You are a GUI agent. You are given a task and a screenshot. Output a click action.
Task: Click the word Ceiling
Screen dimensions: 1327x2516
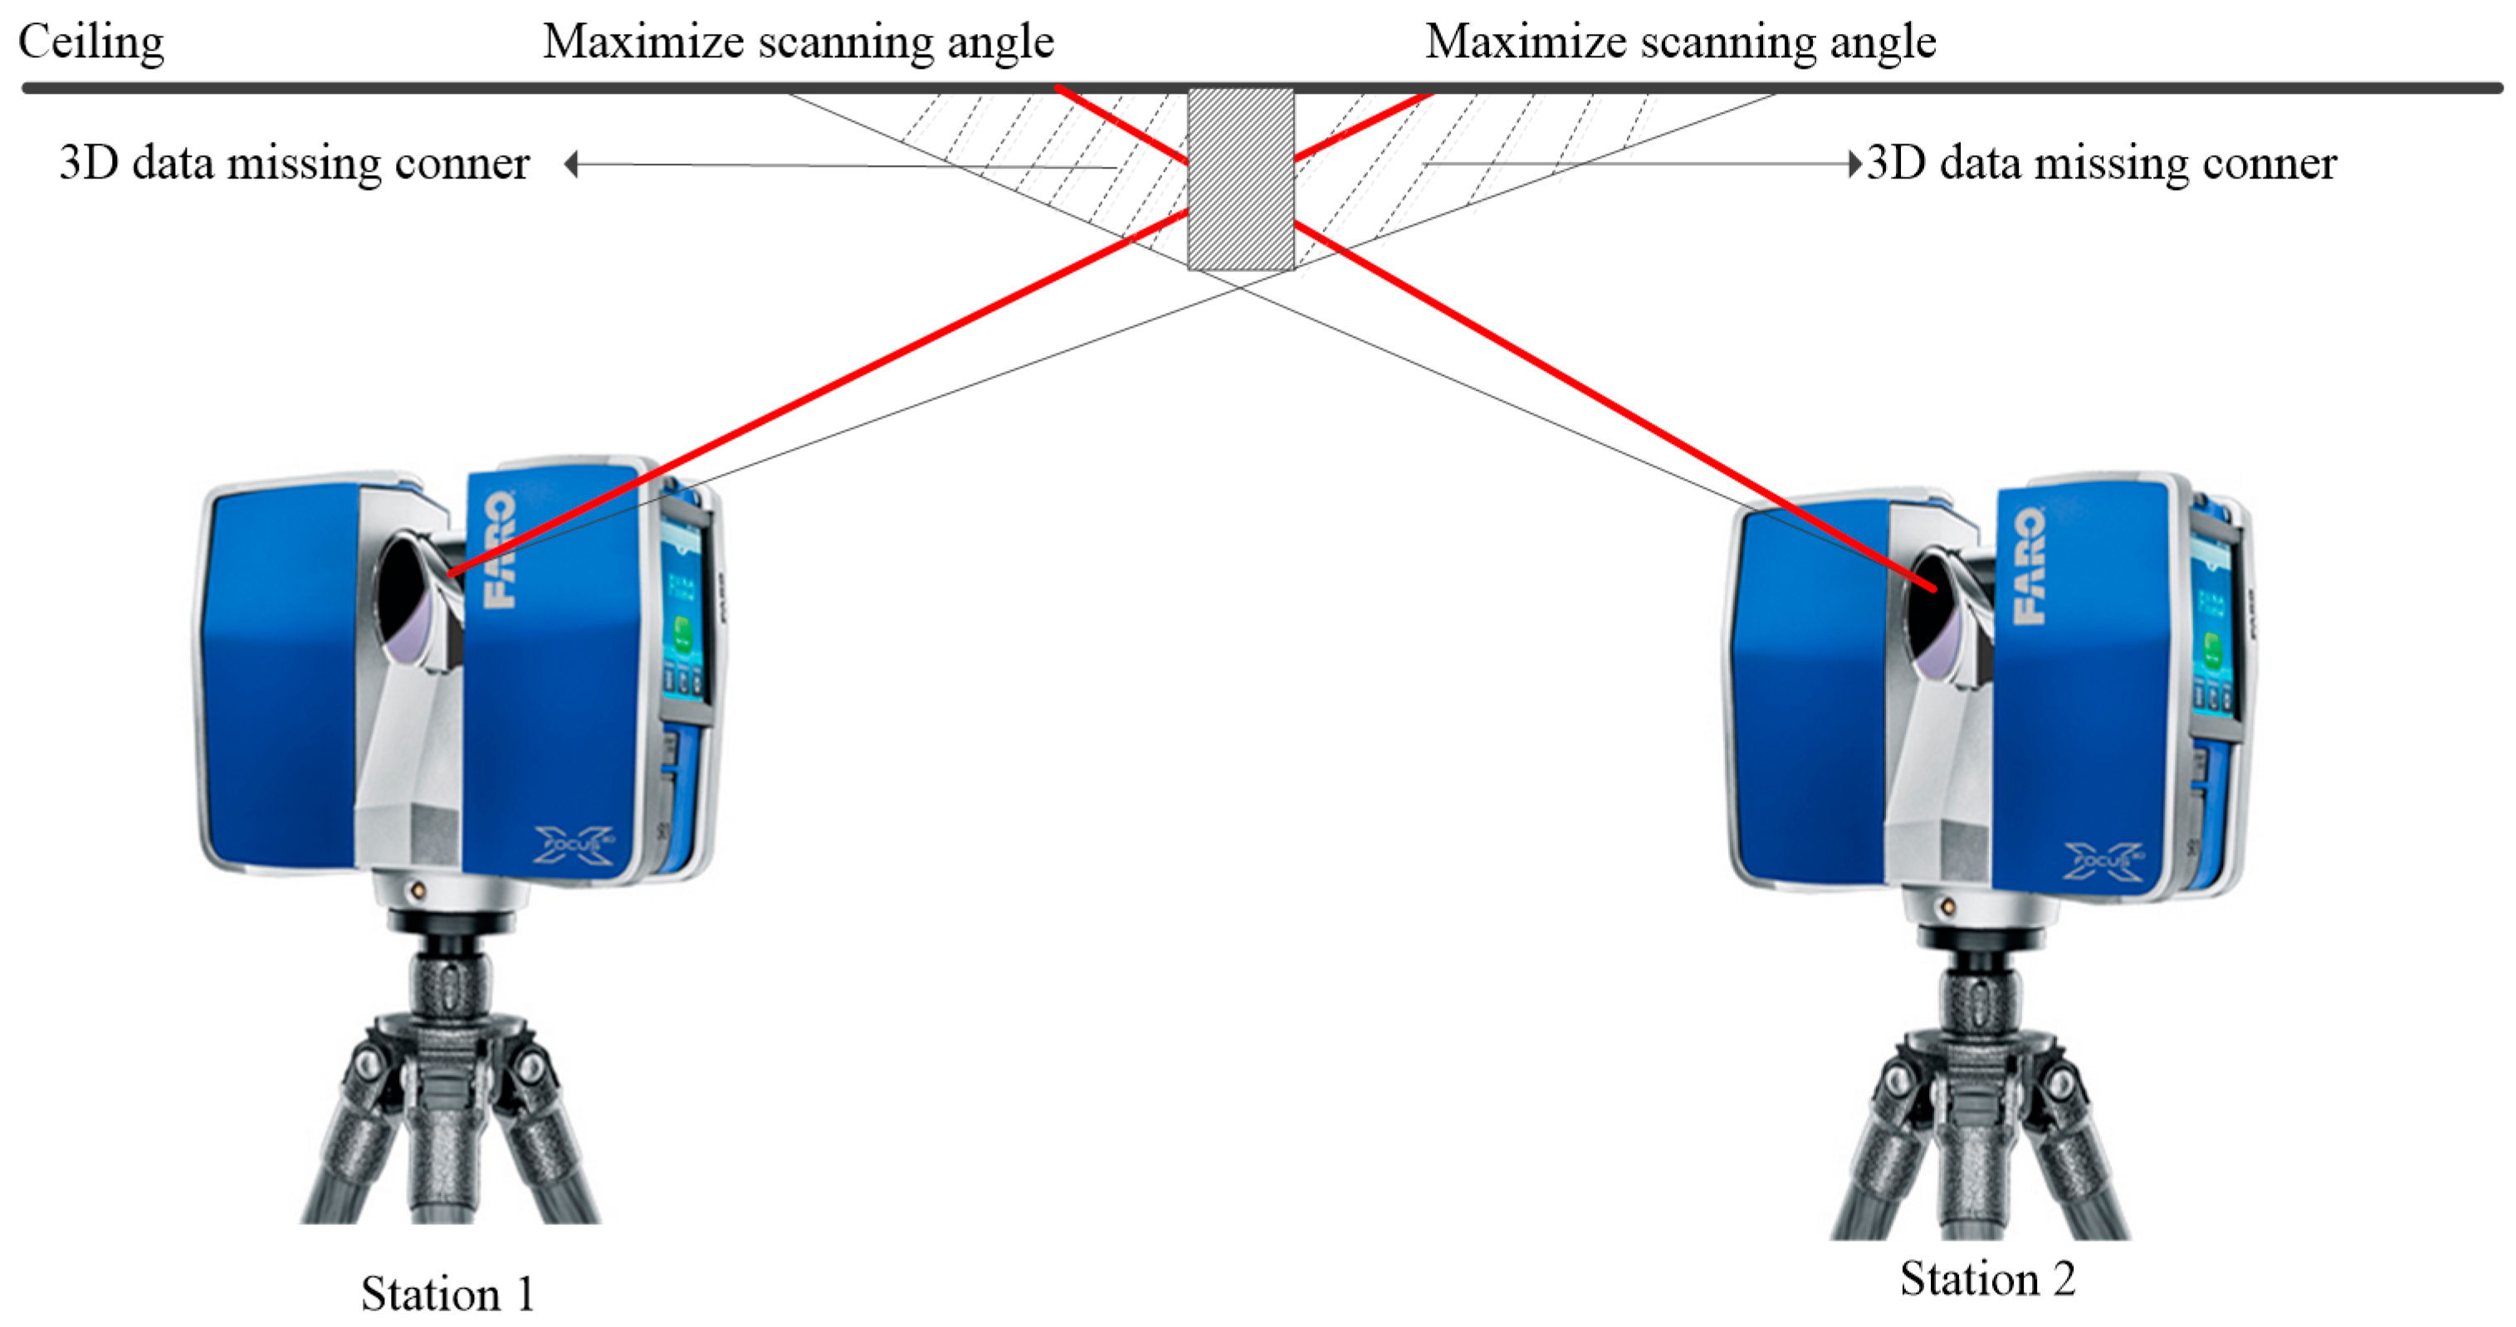pyautogui.click(x=90, y=43)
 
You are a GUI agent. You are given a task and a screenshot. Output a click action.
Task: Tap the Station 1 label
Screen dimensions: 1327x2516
pyautogui.click(x=447, y=1293)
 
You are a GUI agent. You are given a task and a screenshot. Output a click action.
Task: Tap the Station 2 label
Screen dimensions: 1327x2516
pyautogui.click(x=1986, y=1278)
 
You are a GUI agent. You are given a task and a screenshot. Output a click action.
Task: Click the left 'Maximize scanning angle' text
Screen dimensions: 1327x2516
pyautogui.click(x=798, y=43)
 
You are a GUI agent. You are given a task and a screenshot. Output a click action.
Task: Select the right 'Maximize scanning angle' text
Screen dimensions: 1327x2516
pyautogui.click(x=1680, y=43)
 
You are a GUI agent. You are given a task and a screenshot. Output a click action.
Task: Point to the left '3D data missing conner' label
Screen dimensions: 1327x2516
pyautogui.click(x=294, y=163)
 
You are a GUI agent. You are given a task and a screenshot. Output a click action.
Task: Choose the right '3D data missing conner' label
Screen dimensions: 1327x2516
pyautogui.click(x=2101, y=163)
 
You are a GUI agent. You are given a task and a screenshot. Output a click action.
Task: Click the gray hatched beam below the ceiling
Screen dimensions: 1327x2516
pyautogui.click(x=1240, y=178)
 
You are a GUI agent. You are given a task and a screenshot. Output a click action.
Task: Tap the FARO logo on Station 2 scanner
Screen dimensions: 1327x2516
pyautogui.click(x=2030, y=565)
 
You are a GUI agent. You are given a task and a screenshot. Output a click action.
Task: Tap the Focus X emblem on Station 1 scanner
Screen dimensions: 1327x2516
pyautogui.click(x=574, y=844)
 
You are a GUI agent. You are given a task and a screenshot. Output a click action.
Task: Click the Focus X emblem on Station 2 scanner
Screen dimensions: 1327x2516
pyautogui.click(x=2103, y=861)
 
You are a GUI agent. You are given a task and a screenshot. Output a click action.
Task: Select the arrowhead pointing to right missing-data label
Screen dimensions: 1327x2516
pyautogui.click(x=1854, y=163)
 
